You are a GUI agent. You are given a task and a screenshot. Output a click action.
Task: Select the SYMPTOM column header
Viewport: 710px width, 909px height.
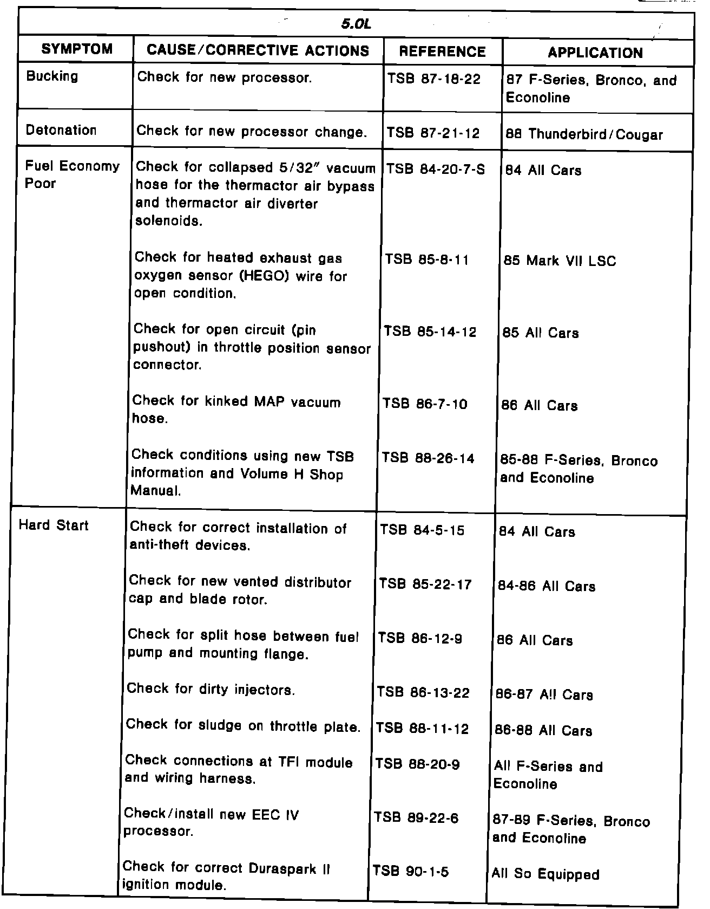pyautogui.click(x=77, y=50)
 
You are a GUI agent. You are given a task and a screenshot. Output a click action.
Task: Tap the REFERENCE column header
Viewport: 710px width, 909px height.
pyautogui.click(x=442, y=51)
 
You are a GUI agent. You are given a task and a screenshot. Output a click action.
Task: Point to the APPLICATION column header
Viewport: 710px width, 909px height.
pyautogui.click(x=595, y=53)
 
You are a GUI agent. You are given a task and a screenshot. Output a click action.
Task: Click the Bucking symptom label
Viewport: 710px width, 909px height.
pyautogui.click(x=52, y=76)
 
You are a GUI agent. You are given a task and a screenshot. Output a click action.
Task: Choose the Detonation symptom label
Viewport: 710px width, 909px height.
pyautogui.click(x=61, y=130)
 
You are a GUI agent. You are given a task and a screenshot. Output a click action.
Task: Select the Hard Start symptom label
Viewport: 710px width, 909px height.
pyautogui.click(x=54, y=525)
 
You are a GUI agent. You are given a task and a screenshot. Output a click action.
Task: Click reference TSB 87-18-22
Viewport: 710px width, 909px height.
pyautogui.click(x=433, y=79)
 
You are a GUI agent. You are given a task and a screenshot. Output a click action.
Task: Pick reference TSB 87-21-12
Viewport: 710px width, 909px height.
pyautogui.click(x=433, y=133)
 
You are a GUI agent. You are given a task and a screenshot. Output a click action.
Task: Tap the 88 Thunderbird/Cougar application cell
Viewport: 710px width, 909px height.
pyautogui.click(x=584, y=134)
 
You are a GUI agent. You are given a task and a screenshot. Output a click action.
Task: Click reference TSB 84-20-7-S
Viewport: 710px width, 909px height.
pyautogui.click(x=435, y=170)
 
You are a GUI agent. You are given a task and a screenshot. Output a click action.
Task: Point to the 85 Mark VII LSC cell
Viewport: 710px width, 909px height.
pyautogui.click(x=560, y=261)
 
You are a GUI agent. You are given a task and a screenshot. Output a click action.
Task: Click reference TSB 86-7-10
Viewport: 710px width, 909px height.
pyautogui.click(x=425, y=404)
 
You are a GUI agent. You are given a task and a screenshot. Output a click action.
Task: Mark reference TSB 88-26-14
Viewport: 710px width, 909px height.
pyautogui.click(x=428, y=458)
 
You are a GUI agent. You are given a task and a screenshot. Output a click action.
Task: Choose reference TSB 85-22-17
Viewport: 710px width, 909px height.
pyautogui.click(x=425, y=584)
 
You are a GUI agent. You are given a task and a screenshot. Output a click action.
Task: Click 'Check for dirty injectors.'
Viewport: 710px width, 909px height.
pyautogui.click(x=211, y=690)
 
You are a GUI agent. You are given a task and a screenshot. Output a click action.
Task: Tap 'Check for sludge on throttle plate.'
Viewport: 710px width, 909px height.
pyautogui.click(x=243, y=726)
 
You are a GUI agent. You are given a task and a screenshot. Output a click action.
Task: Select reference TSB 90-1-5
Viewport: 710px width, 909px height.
pyautogui.click(x=410, y=872)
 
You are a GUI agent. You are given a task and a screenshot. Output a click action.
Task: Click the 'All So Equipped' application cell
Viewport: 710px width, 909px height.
pyautogui.click(x=545, y=874)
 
